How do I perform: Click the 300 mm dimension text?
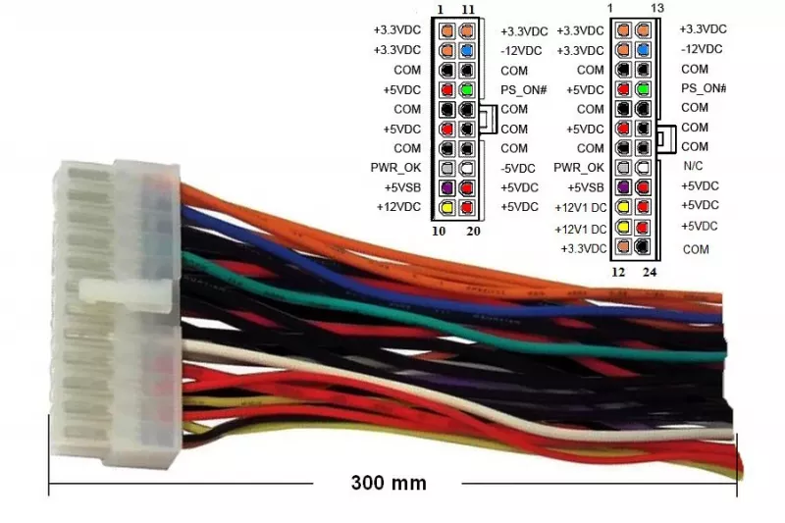coord(389,483)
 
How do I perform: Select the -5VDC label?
coord(518,168)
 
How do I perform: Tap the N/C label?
coord(693,166)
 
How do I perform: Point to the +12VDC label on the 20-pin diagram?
coord(398,207)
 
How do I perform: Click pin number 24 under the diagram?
coord(650,272)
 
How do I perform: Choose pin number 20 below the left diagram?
coord(473,232)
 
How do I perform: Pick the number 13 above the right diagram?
coord(657,8)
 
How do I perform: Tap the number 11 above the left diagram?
coord(468,10)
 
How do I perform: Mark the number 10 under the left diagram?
coord(439,232)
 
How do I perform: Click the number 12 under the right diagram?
coord(618,272)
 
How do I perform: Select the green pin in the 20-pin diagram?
coord(467,90)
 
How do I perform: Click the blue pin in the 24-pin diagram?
coord(643,50)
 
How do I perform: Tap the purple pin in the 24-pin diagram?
coord(623,187)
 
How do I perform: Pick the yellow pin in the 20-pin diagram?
coord(446,207)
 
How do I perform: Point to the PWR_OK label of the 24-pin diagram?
coord(579,168)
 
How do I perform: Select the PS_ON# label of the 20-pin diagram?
coord(524,90)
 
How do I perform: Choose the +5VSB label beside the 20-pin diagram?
coord(402,187)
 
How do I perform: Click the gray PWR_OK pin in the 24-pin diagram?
coord(623,168)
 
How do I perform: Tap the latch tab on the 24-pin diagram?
coord(666,137)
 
